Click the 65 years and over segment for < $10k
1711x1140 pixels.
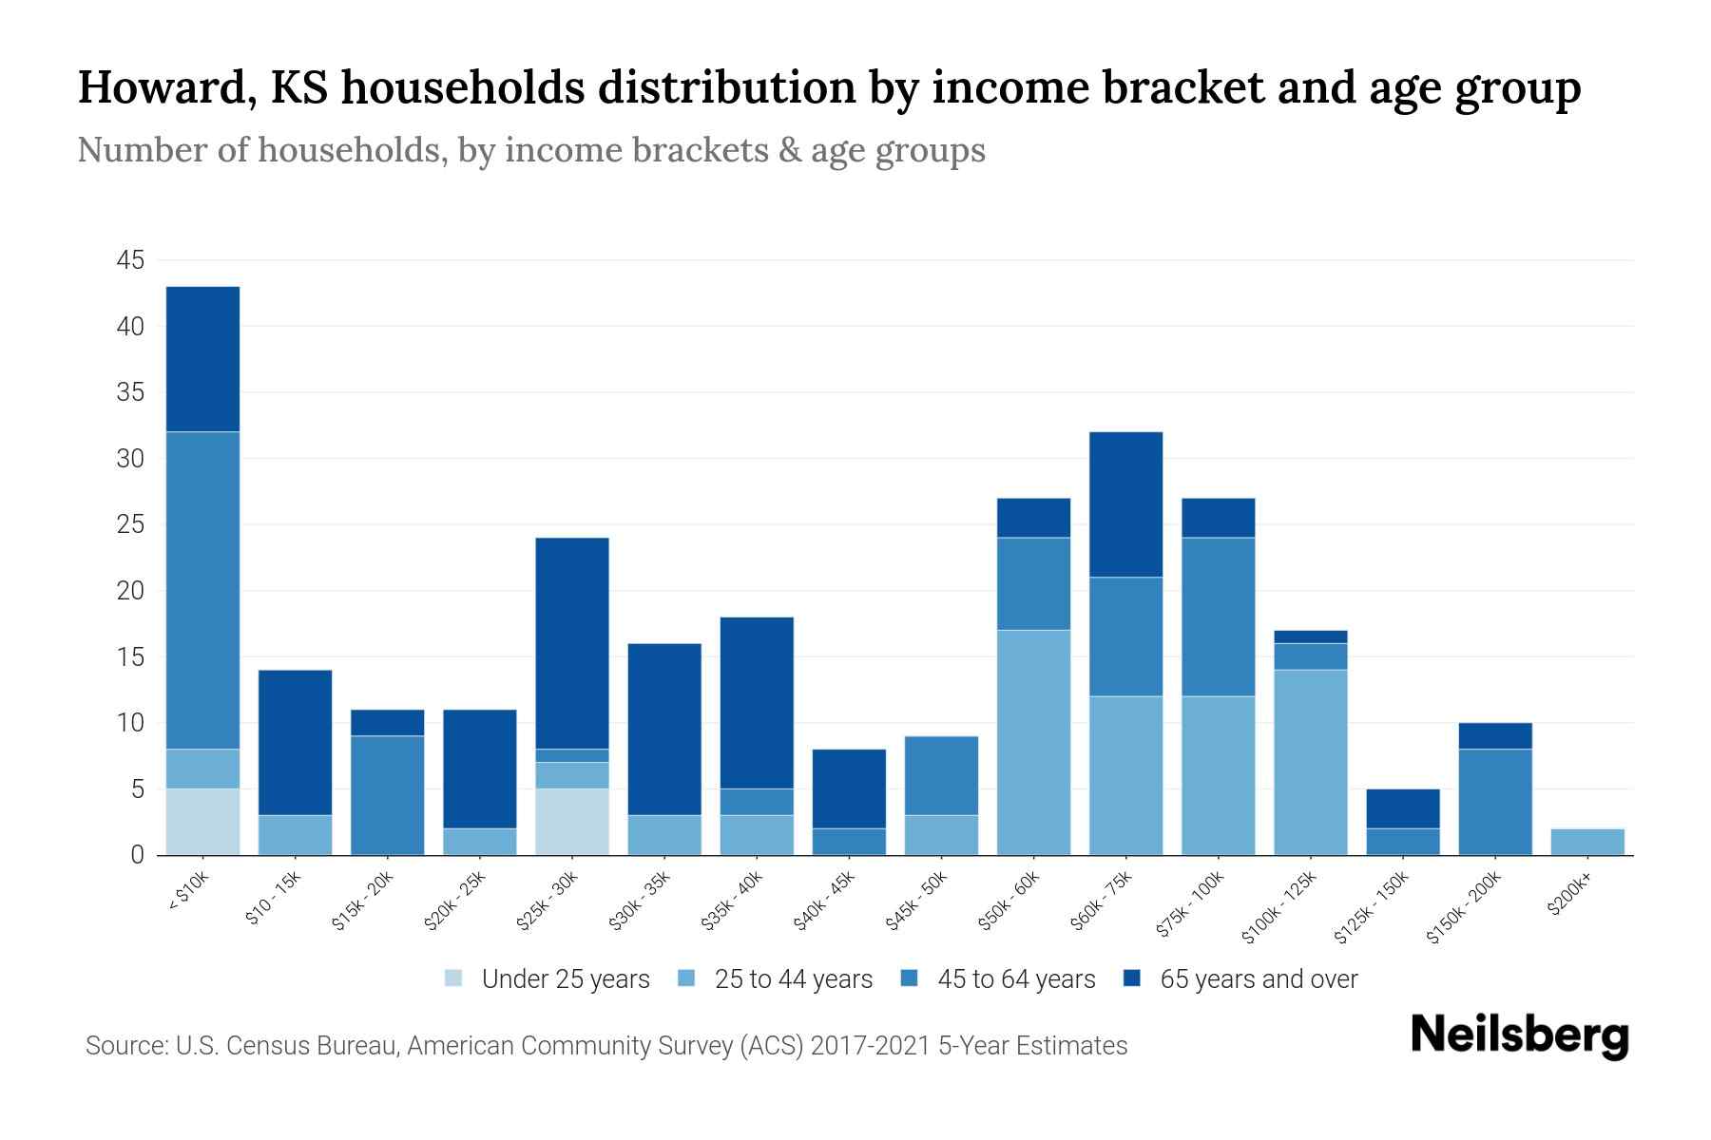click(202, 359)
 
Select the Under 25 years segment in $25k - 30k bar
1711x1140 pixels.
click(572, 822)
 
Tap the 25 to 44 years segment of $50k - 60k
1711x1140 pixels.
click(1033, 742)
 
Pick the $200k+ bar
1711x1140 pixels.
click(1587, 842)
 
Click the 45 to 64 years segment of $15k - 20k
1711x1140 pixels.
click(387, 795)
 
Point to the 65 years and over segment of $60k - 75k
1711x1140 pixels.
click(1125, 504)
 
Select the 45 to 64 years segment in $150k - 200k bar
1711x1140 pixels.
click(1495, 802)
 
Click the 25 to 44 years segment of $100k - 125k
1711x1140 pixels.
click(1311, 762)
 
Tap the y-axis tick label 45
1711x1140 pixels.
click(131, 260)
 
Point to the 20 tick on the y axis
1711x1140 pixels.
click(131, 591)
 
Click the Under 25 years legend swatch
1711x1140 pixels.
click(454, 978)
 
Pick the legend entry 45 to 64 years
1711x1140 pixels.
click(1016, 978)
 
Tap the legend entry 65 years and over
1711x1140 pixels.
click(1258, 978)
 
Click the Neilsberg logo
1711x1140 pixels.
click(1519, 1035)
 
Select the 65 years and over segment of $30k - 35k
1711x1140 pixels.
click(664, 729)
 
